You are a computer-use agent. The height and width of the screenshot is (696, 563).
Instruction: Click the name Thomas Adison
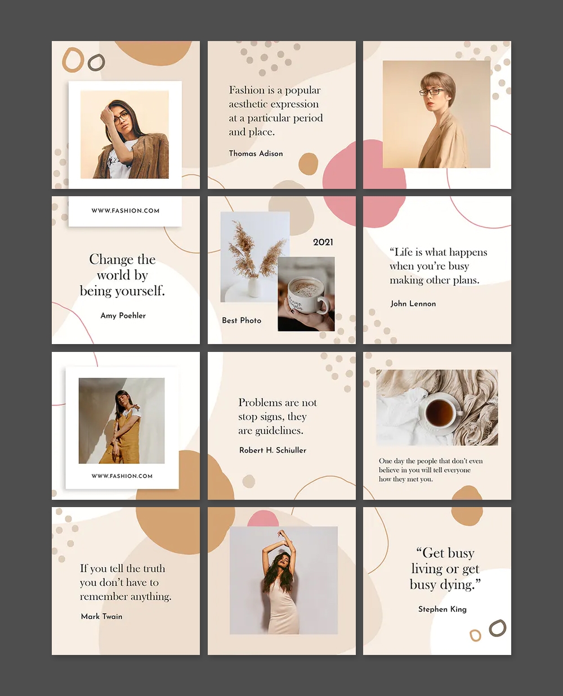point(256,153)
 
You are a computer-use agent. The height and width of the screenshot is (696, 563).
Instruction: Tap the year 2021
point(323,242)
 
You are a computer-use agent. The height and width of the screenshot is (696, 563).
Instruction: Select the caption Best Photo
point(242,320)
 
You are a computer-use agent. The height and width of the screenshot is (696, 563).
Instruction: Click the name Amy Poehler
point(123,315)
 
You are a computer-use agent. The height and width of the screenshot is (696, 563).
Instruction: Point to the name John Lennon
point(413,304)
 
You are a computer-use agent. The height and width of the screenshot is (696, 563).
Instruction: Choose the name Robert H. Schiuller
point(273,450)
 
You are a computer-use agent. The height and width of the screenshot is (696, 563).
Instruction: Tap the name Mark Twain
point(101,616)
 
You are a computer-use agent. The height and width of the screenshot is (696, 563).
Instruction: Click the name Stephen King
point(443,609)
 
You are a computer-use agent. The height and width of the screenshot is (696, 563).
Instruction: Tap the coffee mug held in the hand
point(307,295)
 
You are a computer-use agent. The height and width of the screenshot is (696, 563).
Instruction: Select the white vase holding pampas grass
point(253,287)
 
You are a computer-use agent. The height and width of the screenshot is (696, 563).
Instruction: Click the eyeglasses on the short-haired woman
point(431,92)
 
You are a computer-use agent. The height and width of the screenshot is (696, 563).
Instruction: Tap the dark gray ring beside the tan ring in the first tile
point(96,62)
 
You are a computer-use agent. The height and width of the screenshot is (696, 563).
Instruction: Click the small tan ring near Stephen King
point(475,635)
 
